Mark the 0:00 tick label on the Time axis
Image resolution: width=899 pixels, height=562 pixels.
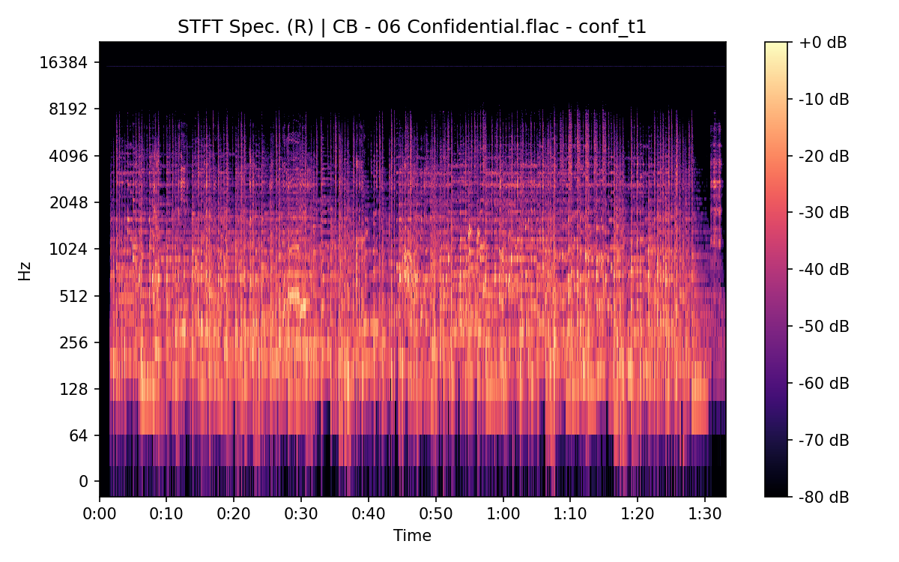(x=100, y=515)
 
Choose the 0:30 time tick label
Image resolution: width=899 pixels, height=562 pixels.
(x=301, y=515)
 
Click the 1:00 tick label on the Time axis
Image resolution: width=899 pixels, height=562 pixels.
(x=503, y=515)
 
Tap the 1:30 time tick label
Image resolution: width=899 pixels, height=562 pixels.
(x=704, y=515)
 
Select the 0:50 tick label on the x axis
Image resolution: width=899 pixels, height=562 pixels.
(x=435, y=515)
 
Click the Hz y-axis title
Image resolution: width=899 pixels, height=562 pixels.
(x=25, y=271)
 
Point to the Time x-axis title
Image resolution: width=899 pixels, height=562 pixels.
(x=412, y=536)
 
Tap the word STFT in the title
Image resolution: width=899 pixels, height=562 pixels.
(x=199, y=28)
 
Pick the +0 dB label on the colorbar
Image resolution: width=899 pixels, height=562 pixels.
(x=823, y=43)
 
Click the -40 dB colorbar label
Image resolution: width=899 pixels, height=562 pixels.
(x=824, y=269)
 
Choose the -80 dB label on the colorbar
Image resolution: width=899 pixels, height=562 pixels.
(x=824, y=496)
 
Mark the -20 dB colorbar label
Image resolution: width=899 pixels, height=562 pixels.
(x=824, y=156)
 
